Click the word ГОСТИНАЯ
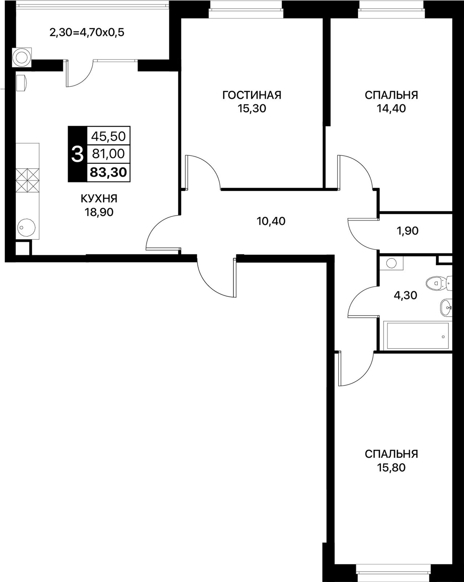(252, 95)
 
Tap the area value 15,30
(252, 109)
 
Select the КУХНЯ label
(99, 199)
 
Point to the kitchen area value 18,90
(99, 212)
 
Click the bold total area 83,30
(108, 172)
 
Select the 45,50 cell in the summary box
(108, 136)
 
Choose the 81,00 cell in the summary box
(108, 154)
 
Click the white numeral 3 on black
(77, 154)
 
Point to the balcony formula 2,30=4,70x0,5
(87, 33)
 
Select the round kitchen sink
(26, 228)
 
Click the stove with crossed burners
(28, 180)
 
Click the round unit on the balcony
(22, 57)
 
